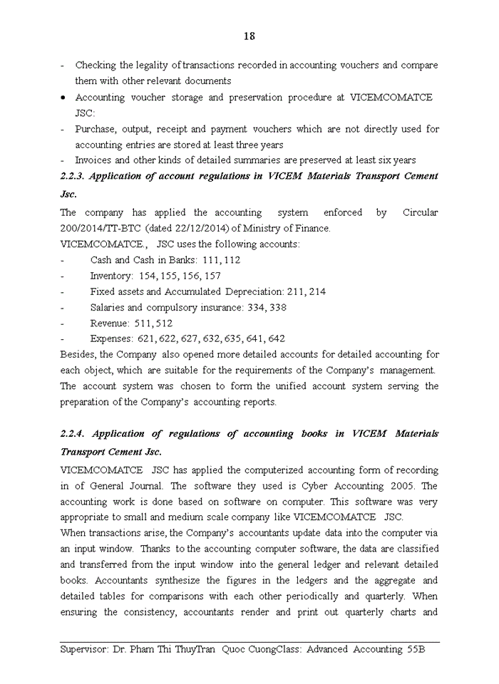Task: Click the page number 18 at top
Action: click(249, 36)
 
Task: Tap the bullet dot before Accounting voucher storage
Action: click(64, 98)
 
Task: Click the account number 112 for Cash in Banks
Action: click(231, 260)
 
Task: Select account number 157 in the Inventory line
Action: click(211, 276)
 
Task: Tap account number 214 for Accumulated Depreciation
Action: click(317, 291)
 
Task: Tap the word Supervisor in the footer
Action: click(84, 650)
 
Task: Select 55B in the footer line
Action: click(411, 650)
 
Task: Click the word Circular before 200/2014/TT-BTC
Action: click(420, 213)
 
